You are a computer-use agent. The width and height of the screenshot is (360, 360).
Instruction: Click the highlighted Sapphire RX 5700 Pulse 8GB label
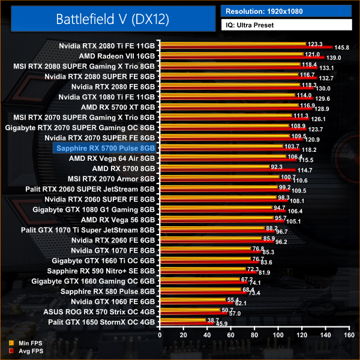click(105, 147)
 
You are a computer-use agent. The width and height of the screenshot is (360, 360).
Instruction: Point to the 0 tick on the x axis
click(160, 337)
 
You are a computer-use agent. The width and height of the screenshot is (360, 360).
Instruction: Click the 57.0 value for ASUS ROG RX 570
click(234, 313)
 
